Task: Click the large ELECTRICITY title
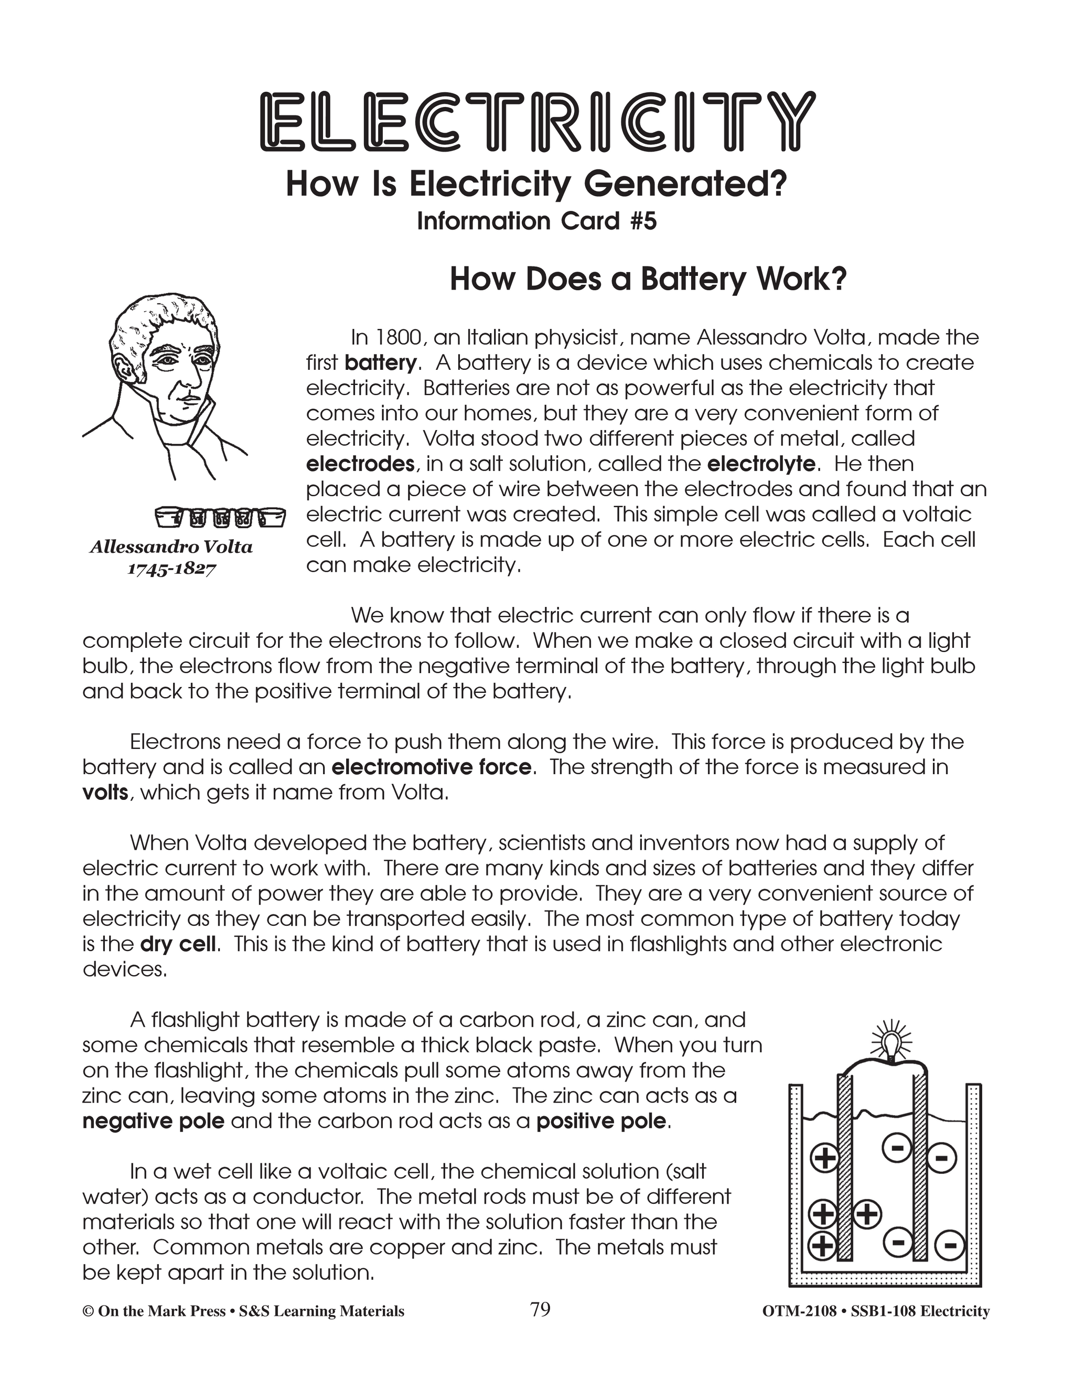[x=537, y=121]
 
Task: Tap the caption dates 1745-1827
[x=172, y=569]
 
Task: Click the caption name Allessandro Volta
[x=171, y=547]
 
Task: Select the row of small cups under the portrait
[x=220, y=517]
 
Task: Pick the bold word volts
[x=105, y=793]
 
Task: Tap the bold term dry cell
[x=178, y=943]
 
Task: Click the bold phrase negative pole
[x=153, y=1121]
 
